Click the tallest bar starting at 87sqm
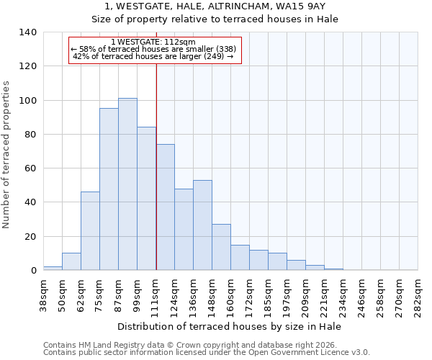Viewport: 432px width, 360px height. point(127,184)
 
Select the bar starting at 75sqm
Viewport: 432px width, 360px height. point(109,189)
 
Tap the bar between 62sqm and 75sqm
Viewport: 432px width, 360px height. point(90,231)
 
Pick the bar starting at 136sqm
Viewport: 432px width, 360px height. point(202,225)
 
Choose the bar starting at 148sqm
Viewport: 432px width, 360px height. point(221,247)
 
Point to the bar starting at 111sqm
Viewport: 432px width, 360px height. point(165,207)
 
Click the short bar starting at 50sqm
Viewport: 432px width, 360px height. point(71,262)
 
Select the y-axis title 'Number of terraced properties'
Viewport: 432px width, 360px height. point(7,155)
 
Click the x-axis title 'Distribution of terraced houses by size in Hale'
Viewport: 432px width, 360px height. point(230,326)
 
